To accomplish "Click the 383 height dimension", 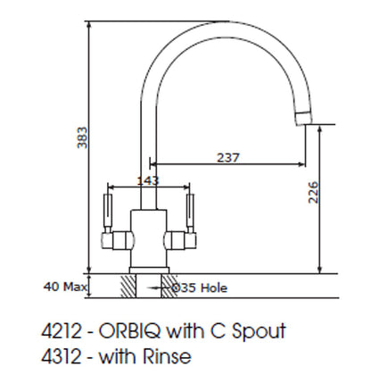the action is coord(82,137).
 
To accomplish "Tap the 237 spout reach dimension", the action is coord(228,157).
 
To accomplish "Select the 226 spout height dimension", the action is coord(313,192).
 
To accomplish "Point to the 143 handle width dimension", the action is coord(148,180).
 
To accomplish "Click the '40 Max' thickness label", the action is coord(65,287).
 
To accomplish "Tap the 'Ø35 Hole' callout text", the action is coord(200,287).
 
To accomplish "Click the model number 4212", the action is coord(61,330).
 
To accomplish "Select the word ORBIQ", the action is coord(130,330).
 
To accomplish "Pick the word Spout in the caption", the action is coord(259,331).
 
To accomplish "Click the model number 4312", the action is coord(61,356).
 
